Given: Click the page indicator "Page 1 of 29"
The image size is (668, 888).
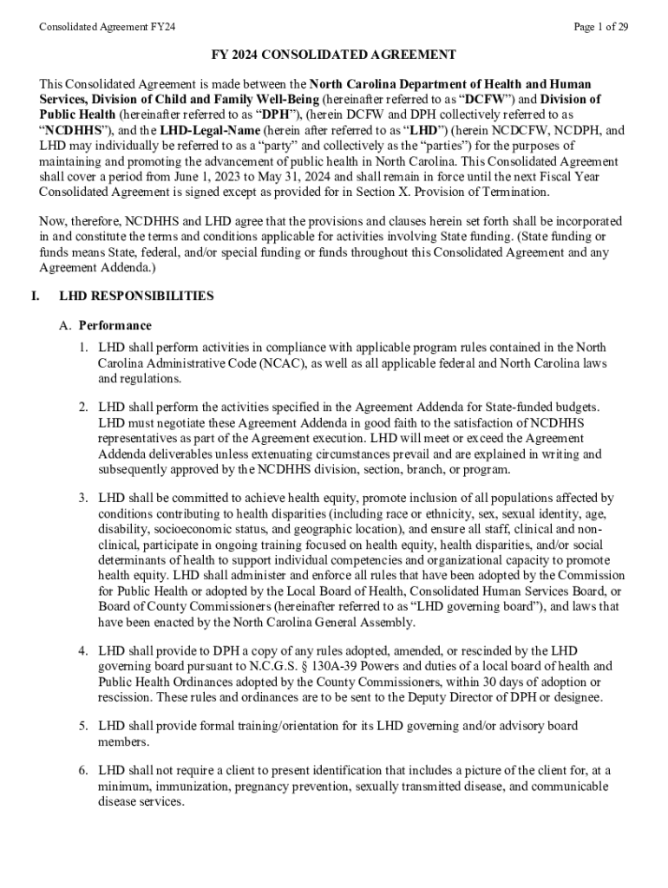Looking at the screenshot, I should click(600, 27).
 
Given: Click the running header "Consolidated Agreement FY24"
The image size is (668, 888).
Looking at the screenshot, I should click(108, 27).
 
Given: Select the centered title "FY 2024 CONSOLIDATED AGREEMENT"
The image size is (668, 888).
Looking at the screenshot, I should click(334, 55).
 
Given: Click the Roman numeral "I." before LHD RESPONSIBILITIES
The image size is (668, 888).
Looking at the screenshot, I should click(35, 296).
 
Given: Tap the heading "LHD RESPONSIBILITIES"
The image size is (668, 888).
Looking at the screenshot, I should click(136, 296).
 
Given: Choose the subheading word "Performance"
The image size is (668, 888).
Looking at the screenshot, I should click(115, 325).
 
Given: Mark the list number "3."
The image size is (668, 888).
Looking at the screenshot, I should click(84, 498).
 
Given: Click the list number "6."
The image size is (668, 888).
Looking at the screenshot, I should click(84, 770).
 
